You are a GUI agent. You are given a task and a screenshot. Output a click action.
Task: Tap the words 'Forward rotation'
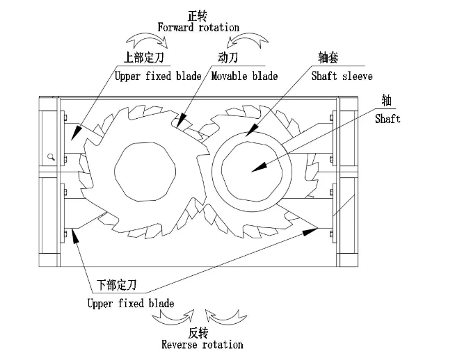(198, 27)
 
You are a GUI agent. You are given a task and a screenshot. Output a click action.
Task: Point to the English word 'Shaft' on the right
(388, 119)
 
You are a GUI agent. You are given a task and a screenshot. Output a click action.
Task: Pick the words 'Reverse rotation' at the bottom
(202, 344)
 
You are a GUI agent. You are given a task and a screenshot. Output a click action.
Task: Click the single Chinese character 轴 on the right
(386, 101)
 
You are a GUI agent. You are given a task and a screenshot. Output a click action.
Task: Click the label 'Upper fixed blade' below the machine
(131, 303)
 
